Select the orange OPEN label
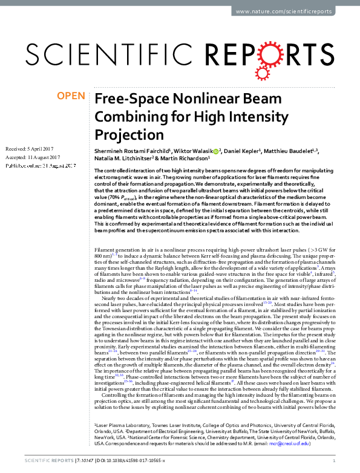71,96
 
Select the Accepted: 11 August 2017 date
32,157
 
